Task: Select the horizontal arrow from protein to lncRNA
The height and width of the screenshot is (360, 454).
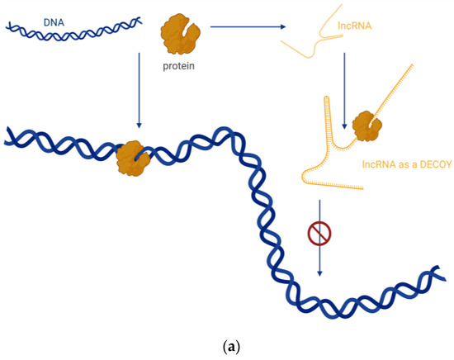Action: point(248,28)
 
